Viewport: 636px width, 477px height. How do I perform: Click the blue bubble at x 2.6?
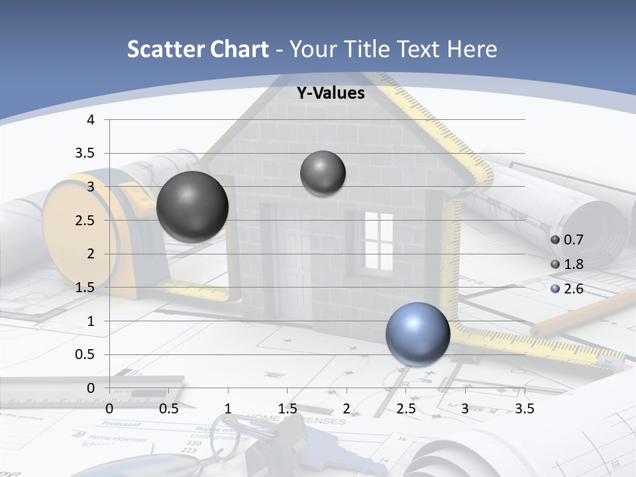(417, 334)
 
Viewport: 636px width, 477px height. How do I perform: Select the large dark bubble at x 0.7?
(192, 206)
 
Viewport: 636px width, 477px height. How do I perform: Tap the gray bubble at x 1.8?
(323, 173)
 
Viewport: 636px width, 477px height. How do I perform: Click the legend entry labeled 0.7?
(572, 240)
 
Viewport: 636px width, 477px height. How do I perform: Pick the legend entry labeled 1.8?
(572, 264)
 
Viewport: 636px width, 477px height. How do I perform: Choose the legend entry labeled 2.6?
(572, 289)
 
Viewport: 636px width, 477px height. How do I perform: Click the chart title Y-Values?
(330, 93)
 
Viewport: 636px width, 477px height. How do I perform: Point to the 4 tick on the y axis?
(91, 120)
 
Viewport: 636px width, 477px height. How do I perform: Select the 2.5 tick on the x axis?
(405, 409)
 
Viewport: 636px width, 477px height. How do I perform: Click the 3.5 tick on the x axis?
(524, 409)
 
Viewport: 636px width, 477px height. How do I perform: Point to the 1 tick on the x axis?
(228, 409)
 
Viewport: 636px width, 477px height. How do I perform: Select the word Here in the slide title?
(472, 49)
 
